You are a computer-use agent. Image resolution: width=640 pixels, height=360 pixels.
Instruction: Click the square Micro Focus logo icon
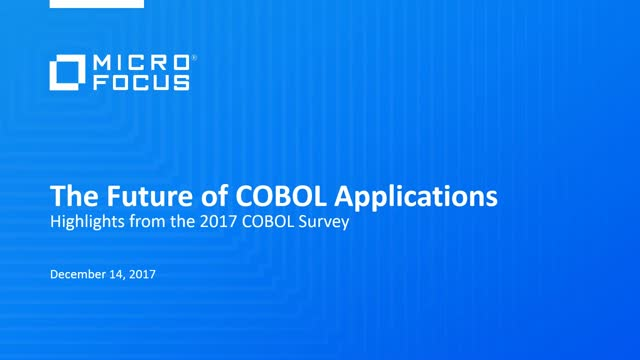pyautogui.click(x=67, y=74)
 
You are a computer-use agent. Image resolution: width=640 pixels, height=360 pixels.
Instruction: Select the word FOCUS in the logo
pyautogui.click(x=141, y=83)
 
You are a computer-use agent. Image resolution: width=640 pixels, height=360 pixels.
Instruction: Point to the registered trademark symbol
pyautogui.click(x=194, y=59)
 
